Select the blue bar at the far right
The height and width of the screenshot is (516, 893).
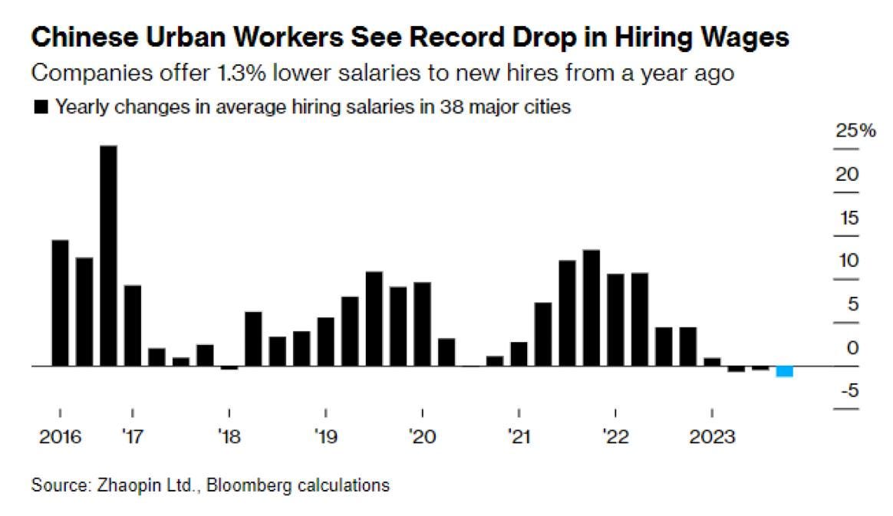coord(784,371)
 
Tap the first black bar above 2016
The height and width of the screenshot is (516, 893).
coord(60,303)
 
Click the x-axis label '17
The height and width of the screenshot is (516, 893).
coord(132,438)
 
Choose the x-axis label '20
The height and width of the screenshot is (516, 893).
coord(422,438)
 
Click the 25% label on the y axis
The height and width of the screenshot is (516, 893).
coord(855,130)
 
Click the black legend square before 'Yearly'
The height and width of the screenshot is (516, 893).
coord(41,107)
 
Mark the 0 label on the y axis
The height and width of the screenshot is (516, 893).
coord(852,348)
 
